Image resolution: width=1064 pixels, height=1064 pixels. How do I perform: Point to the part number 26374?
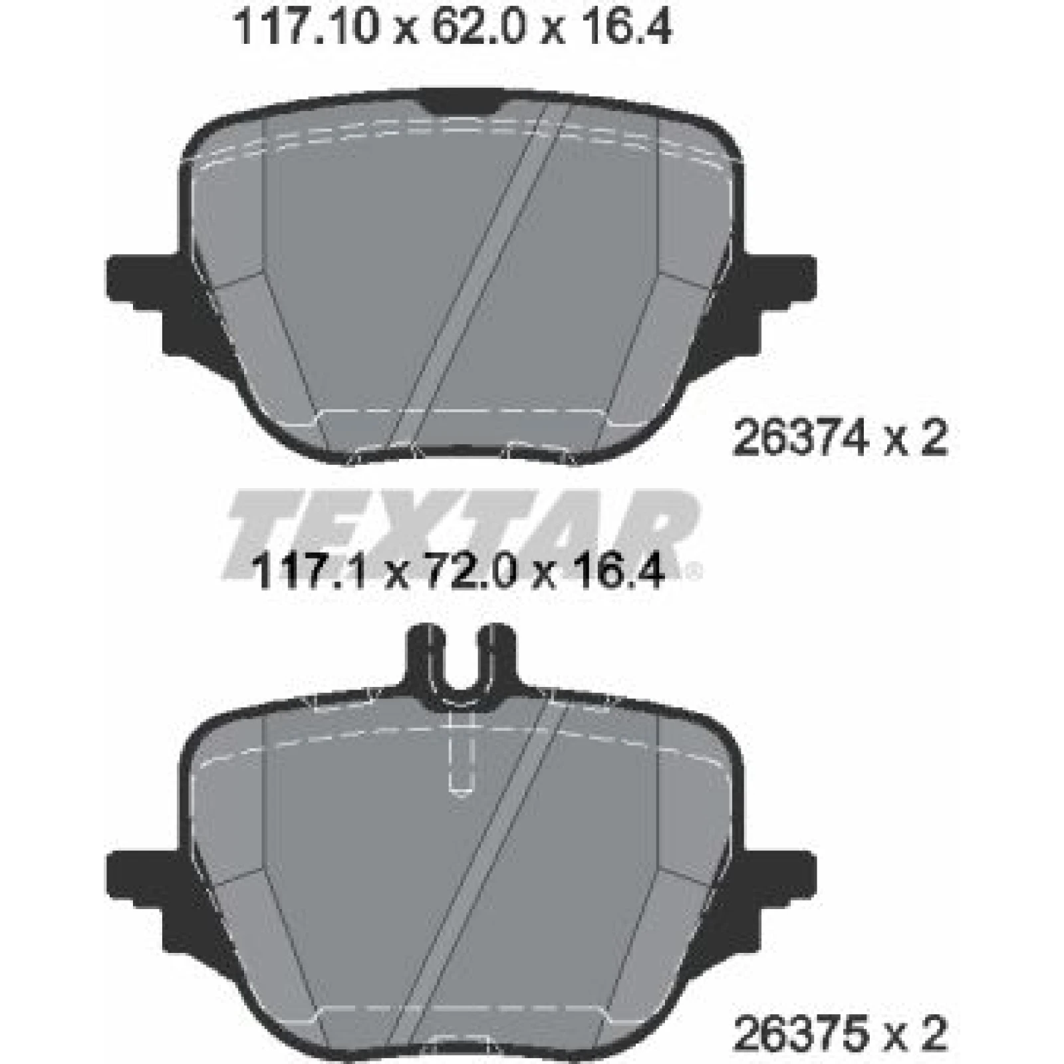coord(798,439)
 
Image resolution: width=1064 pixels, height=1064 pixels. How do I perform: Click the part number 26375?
coord(798,1031)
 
